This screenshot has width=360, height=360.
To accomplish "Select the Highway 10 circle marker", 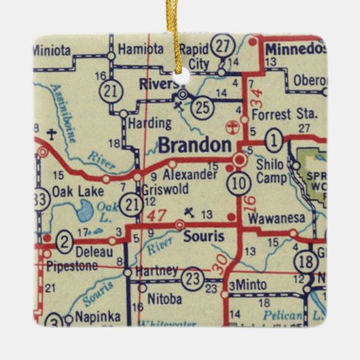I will click(x=238, y=182).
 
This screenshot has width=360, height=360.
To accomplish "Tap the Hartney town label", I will click(x=156, y=270).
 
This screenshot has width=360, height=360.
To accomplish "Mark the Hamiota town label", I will click(x=141, y=49).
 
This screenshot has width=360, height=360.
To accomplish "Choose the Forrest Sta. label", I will click(x=275, y=115).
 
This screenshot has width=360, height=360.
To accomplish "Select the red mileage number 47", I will click(x=158, y=217).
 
